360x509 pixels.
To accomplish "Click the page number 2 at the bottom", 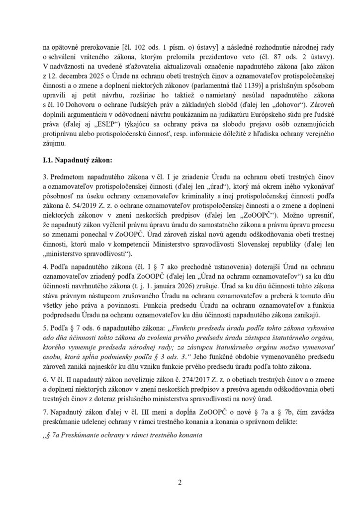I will (180, 482).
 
